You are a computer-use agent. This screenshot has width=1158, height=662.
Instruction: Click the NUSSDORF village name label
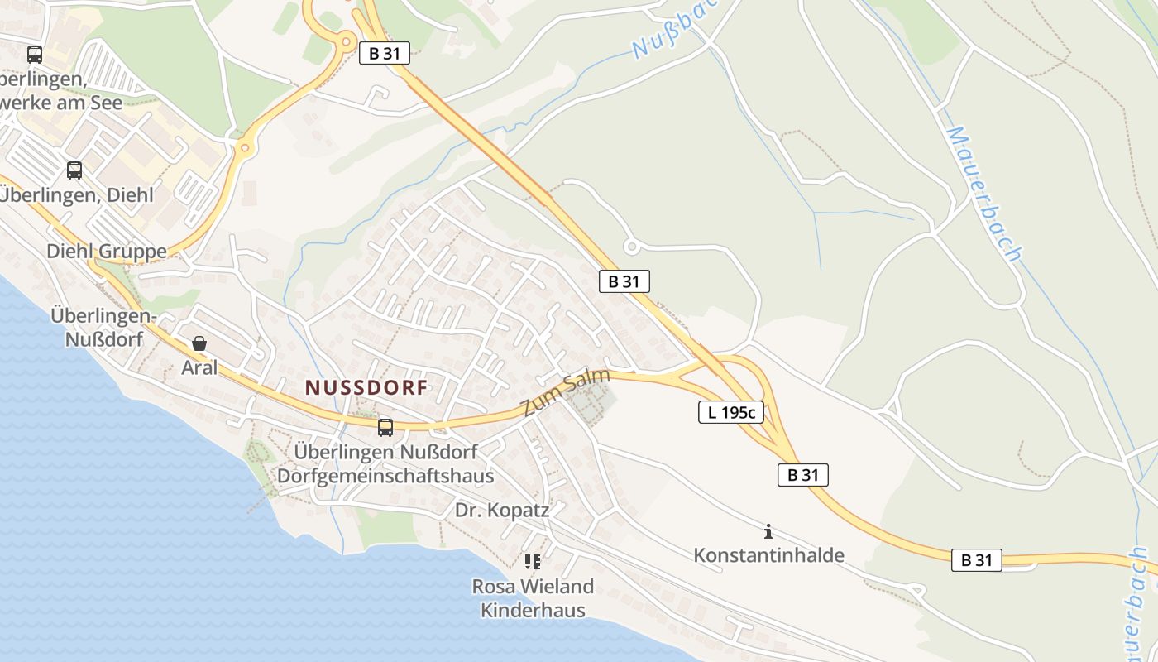click(366, 387)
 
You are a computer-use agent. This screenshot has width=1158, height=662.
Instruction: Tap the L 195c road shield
click(730, 412)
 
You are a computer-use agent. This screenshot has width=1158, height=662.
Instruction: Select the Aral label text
click(199, 367)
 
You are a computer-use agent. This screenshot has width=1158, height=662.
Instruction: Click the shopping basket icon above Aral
click(199, 343)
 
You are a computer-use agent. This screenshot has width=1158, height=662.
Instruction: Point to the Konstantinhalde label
click(768, 554)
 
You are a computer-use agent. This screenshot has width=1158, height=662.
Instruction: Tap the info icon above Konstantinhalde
click(768, 531)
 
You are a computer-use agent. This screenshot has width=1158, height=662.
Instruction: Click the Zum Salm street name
click(566, 393)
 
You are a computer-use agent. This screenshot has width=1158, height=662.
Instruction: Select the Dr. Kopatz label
click(502, 510)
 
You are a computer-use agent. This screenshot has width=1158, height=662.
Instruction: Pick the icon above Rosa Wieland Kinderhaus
click(532, 563)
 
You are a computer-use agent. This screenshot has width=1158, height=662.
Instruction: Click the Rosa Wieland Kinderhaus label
click(533, 598)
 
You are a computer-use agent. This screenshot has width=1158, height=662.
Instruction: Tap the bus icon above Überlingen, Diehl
click(74, 170)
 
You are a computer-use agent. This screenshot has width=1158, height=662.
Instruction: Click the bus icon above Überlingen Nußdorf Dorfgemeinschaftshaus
click(385, 428)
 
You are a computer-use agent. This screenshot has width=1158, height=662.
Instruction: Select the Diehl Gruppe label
click(107, 251)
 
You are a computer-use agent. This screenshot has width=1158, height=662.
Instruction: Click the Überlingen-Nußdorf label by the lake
click(103, 327)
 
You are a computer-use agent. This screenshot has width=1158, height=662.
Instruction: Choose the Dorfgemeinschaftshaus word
click(385, 476)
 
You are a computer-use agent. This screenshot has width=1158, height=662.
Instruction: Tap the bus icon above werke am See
click(34, 55)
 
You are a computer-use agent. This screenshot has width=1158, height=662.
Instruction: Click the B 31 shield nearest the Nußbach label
click(385, 54)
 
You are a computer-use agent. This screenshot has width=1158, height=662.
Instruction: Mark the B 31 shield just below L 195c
click(802, 475)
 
